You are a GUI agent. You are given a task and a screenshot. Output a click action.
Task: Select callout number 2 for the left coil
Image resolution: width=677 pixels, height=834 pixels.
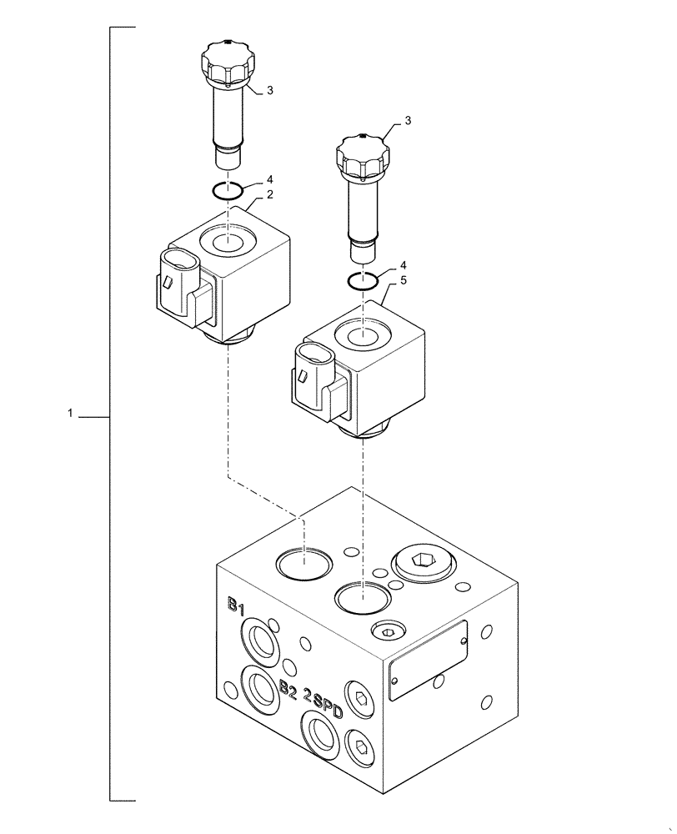271,194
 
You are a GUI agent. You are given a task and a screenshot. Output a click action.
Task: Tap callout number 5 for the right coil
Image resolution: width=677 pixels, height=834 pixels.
403,282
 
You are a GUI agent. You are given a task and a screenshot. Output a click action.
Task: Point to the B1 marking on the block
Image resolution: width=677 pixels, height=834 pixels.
237,604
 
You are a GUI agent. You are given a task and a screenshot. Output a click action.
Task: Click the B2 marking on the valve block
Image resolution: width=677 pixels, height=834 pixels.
288,688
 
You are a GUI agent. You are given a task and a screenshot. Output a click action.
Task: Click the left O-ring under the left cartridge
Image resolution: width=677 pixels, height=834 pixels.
226,190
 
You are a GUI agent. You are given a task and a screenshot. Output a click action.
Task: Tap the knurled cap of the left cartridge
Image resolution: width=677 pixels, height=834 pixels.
225,67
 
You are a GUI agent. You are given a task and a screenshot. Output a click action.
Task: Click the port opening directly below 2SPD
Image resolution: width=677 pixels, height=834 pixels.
321,737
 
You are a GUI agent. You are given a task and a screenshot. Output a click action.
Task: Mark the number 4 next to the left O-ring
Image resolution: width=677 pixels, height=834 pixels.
269,179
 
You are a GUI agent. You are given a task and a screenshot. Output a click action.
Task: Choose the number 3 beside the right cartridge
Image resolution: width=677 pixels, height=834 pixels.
408,122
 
